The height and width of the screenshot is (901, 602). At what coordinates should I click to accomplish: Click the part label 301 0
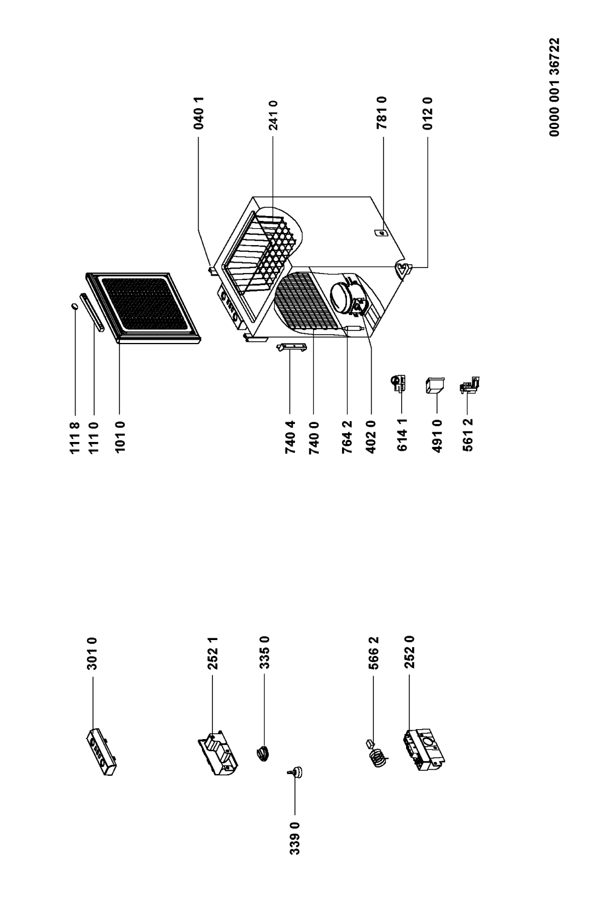click(92, 654)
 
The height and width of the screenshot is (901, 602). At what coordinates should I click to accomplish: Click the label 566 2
click(373, 653)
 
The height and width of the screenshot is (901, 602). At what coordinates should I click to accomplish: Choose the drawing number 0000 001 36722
click(554, 88)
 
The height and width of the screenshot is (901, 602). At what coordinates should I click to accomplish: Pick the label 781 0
click(382, 113)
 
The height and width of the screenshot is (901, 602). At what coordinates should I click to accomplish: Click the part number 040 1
click(198, 113)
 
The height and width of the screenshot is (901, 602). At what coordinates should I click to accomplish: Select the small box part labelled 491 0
click(434, 385)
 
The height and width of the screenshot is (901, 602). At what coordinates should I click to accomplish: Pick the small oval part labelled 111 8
click(74, 306)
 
